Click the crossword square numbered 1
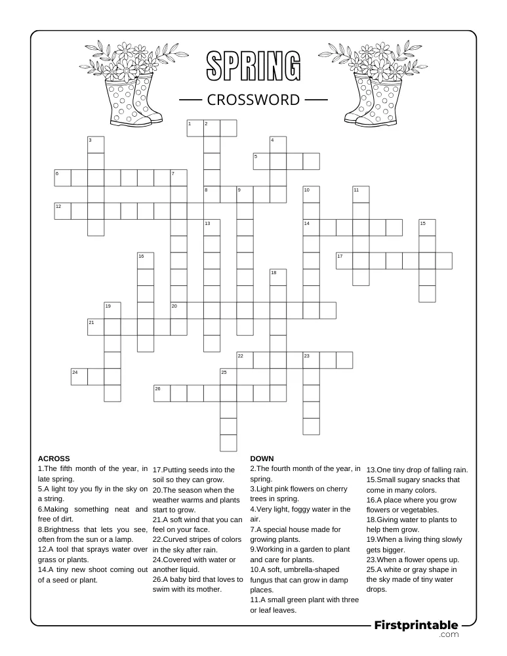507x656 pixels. point(195,128)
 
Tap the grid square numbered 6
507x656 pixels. point(62,178)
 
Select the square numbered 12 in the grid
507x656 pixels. point(62,211)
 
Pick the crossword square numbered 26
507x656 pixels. point(162,393)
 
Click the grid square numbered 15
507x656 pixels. point(427,228)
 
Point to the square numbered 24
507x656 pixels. point(79,377)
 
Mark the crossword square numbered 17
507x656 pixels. point(344,260)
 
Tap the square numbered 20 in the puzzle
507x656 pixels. point(178,310)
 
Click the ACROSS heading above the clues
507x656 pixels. point(54,459)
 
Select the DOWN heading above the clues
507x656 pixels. point(262,459)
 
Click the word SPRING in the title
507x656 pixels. point(254,68)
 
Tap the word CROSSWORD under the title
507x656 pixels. point(253,100)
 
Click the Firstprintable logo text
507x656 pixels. point(416,626)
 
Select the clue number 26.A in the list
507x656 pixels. point(161,580)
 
